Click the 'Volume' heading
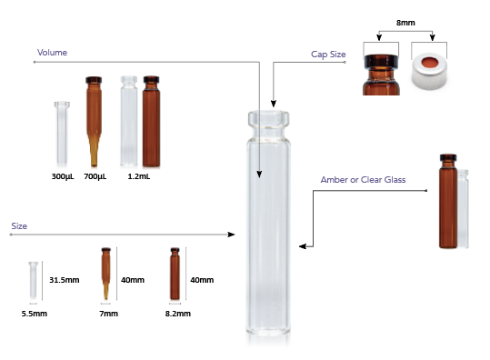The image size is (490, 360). point(52,52)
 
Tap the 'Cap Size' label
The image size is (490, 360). point(328,55)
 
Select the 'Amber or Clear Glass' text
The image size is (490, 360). point(363,180)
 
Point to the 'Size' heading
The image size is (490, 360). point(19,226)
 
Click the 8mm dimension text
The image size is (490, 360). point(405,23)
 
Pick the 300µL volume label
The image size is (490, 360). point(63,176)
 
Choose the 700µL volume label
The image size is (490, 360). point(95,176)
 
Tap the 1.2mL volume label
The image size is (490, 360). point(139,176)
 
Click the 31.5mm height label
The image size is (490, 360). point(65,280)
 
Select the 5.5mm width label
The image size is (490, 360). point(35,314)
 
